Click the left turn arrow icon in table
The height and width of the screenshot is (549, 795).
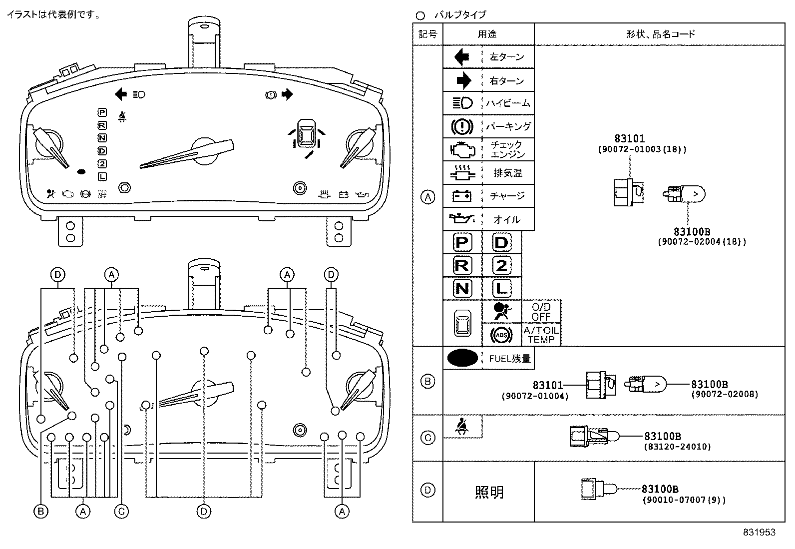click(462, 57)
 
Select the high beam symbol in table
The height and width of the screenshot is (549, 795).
click(462, 103)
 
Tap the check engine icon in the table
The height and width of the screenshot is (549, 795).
click(462, 149)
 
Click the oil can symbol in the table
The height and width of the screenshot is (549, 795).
click(462, 219)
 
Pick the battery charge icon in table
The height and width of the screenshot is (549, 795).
click(462, 196)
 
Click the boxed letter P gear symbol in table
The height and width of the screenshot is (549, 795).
click(462, 243)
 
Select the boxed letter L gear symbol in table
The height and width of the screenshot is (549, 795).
click(501, 288)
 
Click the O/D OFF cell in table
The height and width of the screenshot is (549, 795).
click(541, 312)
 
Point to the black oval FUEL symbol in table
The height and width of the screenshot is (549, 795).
click(462, 358)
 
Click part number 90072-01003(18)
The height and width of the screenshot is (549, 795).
click(642, 149)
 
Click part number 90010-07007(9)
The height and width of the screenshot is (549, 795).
click(683, 500)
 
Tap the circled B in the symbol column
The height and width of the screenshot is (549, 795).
click(428, 382)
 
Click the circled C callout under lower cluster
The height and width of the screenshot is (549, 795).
click(121, 511)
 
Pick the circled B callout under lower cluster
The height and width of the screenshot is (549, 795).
click(41, 511)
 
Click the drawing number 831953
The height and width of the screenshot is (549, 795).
click(759, 533)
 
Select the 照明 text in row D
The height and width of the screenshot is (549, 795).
click(489, 492)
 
